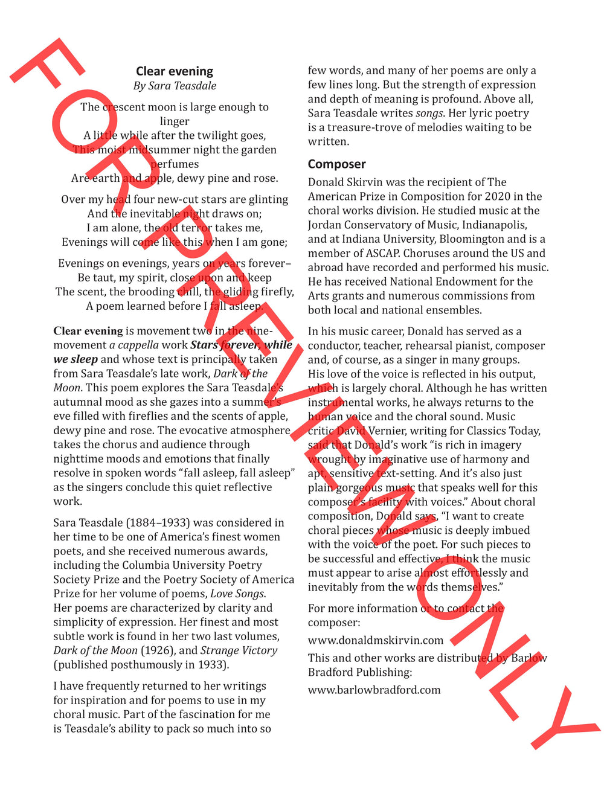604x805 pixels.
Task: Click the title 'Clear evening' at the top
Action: tap(175, 71)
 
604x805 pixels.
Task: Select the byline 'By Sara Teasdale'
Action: tap(175, 86)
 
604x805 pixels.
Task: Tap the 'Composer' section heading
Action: tap(336, 164)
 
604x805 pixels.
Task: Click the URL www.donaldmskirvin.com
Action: tap(375, 640)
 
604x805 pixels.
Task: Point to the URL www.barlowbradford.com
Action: tap(374, 690)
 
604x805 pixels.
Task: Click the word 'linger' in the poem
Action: tap(175, 121)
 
